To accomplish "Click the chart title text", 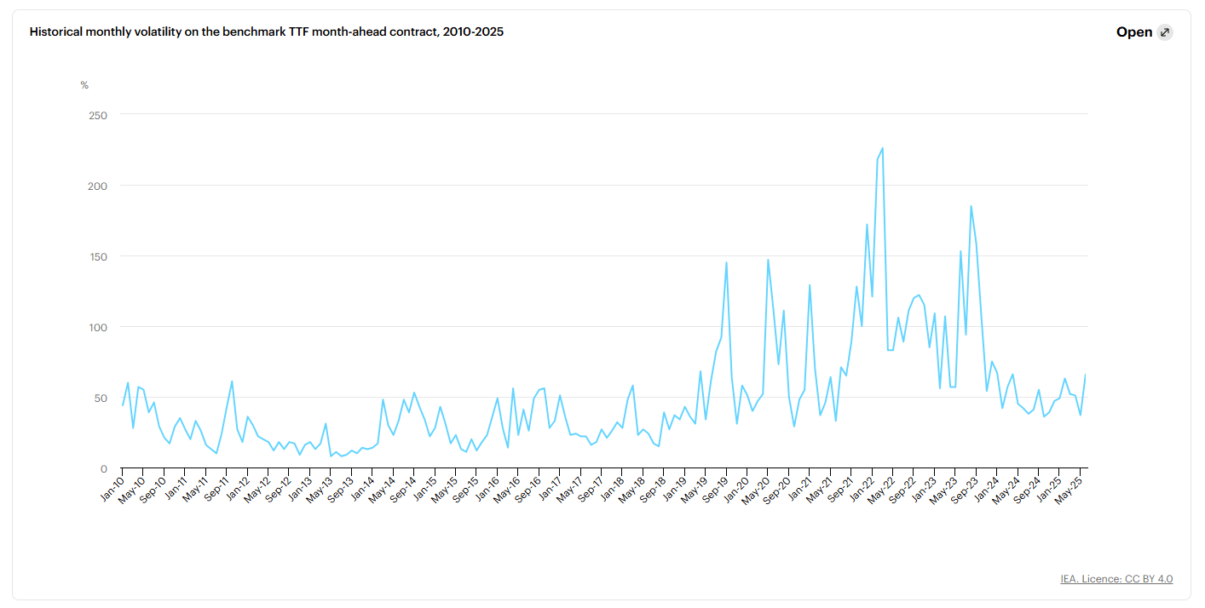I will pyautogui.click(x=266, y=32).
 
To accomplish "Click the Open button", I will pyautogui.click(x=1133, y=32).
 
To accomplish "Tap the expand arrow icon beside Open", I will pyautogui.click(x=1165, y=32).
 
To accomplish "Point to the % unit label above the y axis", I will pyautogui.click(x=84, y=85).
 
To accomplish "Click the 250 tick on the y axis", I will pyautogui.click(x=98, y=115).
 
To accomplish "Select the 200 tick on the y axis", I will pyautogui.click(x=98, y=186).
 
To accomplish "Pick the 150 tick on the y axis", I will pyautogui.click(x=98, y=256).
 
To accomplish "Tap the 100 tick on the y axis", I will pyautogui.click(x=98, y=327).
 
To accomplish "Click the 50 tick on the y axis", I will pyautogui.click(x=101, y=398).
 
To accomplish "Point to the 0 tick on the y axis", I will pyautogui.click(x=104, y=468).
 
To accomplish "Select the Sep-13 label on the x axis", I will pyautogui.click(x=341, y=484).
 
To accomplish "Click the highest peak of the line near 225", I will pyautogui.click(x=882, y=148).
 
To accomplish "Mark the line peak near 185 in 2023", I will pyautogui.click(x=971, y=206).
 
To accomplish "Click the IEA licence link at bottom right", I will pyautogui.click(x=1116, y=579).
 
